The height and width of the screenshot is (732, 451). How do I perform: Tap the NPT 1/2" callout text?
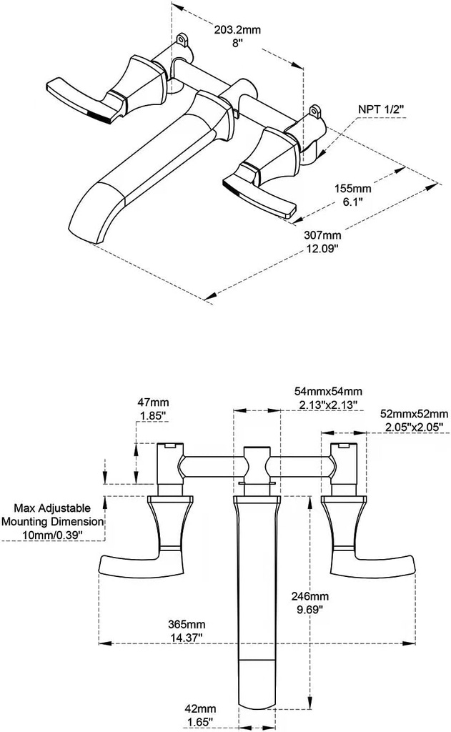(381, 109)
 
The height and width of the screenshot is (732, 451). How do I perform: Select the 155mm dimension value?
(353, 189)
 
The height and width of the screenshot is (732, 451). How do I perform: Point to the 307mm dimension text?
(322, 235)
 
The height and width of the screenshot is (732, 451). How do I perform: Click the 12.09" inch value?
(322, 248)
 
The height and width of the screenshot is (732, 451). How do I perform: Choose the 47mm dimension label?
(151, 402)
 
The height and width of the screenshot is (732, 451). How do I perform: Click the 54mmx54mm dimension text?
(329, 392)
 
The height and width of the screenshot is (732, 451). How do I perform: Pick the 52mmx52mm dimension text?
(415, 414)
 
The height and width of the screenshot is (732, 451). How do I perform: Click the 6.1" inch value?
(352, 202)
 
